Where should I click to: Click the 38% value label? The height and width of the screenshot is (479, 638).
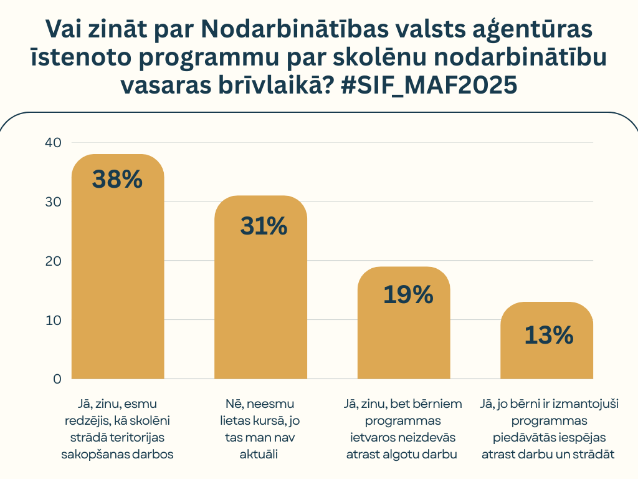click(x=117, y=179)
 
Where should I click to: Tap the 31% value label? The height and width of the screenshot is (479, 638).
click(x=263, y=226)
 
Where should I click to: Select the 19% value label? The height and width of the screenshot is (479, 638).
click(x=408, y=294)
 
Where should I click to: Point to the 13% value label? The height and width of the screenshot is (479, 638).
click(x=548, y=336)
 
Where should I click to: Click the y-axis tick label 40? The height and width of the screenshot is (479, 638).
click(x=53, y=142)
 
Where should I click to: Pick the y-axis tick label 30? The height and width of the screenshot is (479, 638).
click(x=53, y=201)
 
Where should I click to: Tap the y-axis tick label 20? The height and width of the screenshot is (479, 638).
click(x=53, y=261)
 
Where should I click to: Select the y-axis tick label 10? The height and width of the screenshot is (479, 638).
click(x=53, y=320)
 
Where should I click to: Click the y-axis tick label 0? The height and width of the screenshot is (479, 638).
click(x=57, y=379)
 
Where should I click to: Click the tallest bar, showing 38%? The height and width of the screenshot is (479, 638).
click(x=118, y=281)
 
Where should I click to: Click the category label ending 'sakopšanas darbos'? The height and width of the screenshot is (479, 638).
click(x=117, y=429)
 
